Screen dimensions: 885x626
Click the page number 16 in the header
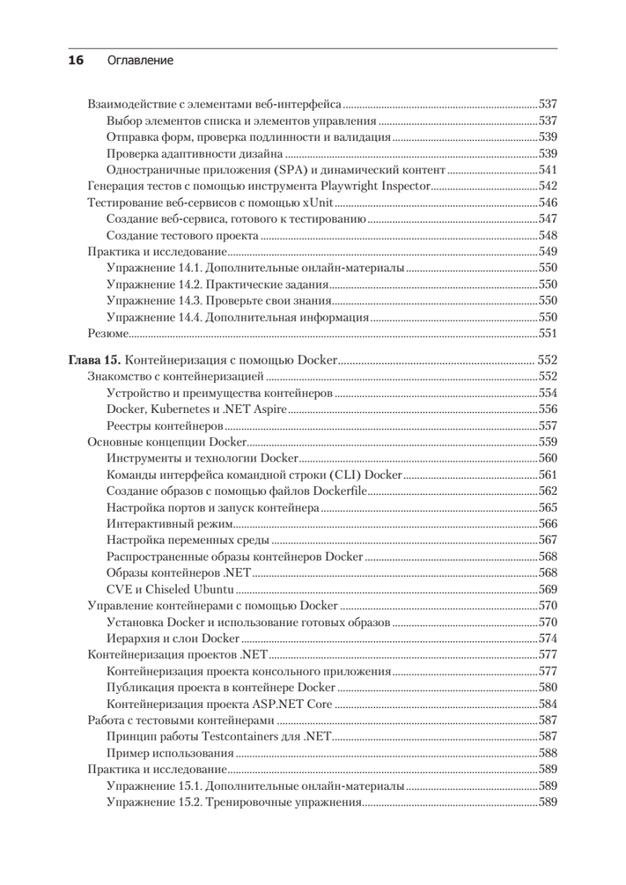pyautogui.click(x=77, y=61)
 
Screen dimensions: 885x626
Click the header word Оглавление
pyautogui.click(x=140, y=61)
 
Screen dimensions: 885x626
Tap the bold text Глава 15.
pyautogui.click(x=94, y=360)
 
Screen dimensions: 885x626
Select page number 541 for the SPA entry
pyautogui.click(x=548, y=170)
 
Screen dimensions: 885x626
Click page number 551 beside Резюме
pyautogui.click(x=548, y=334)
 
